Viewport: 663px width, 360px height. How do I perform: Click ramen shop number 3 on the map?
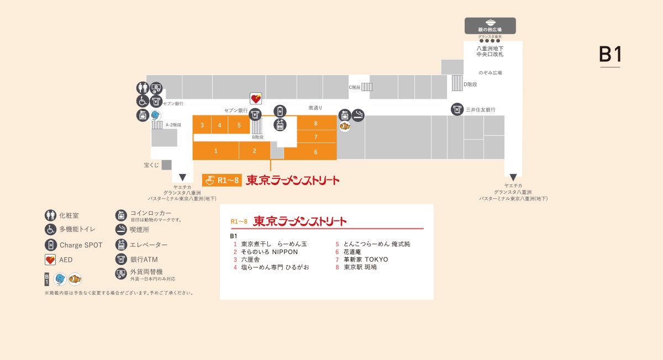tap(202, 125)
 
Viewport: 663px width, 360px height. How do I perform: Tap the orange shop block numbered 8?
tap(316, 123)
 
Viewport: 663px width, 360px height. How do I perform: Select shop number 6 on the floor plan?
tap(316, 152)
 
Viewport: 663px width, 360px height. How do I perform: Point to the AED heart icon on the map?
tap(256, 99)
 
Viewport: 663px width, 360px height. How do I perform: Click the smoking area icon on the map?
tap(358, 115)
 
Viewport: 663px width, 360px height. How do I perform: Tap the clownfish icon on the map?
tap(345, 126)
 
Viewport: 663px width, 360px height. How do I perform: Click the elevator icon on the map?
tap(280, 125)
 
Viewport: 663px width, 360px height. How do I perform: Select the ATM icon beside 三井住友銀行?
tap(457, 109)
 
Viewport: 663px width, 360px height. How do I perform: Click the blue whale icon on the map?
tap(155, 115)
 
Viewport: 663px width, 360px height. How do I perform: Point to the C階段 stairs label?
tap(354, 87)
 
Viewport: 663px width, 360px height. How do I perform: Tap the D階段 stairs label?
tap(470, 84)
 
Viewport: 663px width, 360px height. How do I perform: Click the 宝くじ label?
tap(151, 165)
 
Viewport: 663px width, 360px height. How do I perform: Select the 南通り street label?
tap(315, 108)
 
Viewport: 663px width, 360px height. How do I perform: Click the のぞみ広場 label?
tap(490, 72)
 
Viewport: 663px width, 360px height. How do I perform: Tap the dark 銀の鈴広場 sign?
tap(490, 26)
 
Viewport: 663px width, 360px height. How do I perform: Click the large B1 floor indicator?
tap(610, 55)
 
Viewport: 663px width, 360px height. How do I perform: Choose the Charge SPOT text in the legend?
tap(81, 245)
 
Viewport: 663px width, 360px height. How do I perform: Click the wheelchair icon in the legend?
tap(50, 229)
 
